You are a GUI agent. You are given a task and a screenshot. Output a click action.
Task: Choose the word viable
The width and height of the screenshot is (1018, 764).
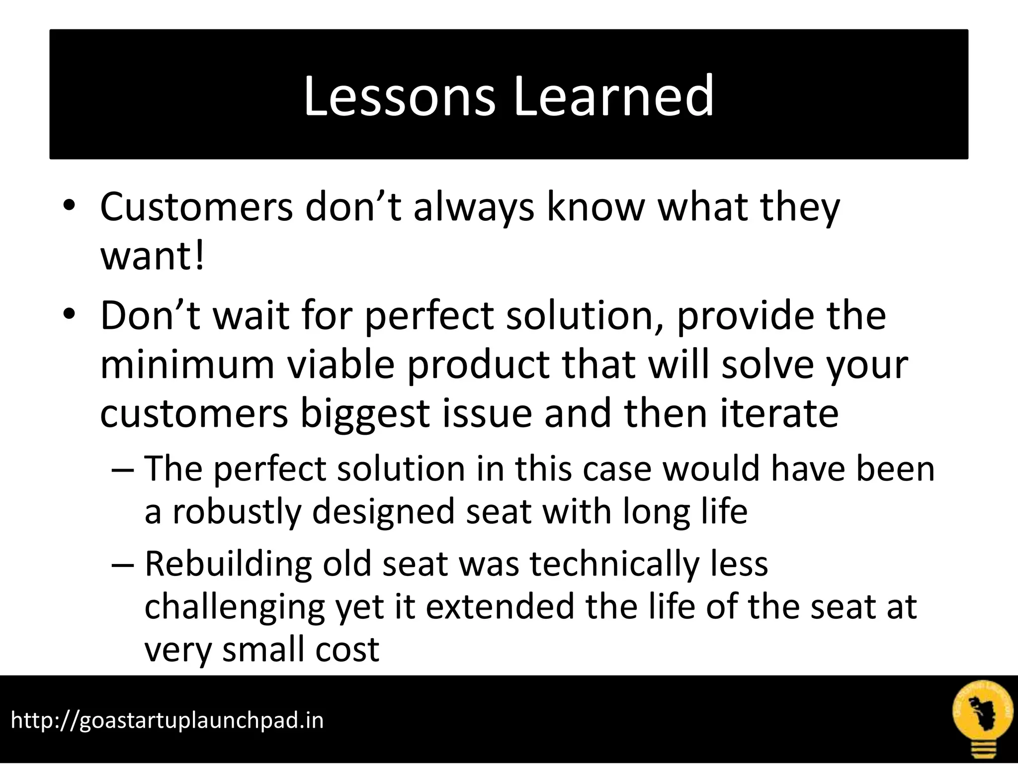341,365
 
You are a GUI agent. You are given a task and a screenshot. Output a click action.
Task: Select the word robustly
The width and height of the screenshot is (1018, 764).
237,512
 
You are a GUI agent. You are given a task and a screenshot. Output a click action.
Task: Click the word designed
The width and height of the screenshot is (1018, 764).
384,512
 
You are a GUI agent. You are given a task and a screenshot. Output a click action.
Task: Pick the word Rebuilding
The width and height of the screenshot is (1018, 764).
228,564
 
